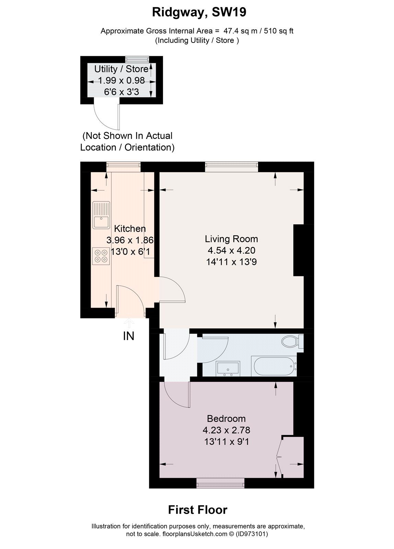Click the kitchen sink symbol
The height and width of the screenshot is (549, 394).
tap(101, 215)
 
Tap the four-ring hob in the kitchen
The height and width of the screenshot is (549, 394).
tap(101, 256)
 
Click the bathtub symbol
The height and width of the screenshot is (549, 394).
tap(274, 366)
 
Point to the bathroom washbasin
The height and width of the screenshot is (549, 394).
tap(228, 369)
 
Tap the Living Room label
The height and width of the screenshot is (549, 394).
tap(231, 239)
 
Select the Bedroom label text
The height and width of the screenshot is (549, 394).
tap(226, 419)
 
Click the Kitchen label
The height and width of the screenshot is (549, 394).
tap(130, 229)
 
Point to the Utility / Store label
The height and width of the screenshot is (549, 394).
tap(121, 69)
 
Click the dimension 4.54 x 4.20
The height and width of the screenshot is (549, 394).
tap(231, 250)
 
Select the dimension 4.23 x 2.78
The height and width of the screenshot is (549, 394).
tap(226, 430)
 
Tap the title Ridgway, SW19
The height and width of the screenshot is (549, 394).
tap(199, 13)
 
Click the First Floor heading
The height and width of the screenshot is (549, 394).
tap(197, 510)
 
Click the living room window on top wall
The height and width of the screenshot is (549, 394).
tap(232, 167)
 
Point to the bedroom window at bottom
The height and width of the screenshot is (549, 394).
tap(220, 484)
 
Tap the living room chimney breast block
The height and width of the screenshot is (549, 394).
tap(299, 250)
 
